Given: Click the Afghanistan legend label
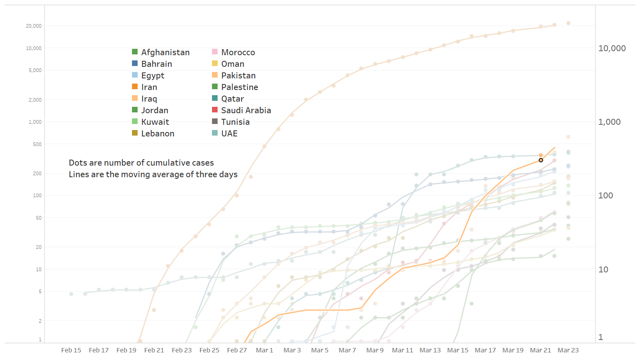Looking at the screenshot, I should pos(165,52).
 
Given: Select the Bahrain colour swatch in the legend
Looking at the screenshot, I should pos(135,63).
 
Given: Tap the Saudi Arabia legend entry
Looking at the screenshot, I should pos(246,110).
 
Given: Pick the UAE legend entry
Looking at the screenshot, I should pos(229,134).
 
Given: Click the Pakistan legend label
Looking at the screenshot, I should pos(238,76).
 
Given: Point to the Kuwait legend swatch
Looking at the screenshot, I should pos(135,121).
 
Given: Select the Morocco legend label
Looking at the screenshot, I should pos(238,52).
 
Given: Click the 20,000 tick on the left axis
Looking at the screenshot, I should pos(34,26).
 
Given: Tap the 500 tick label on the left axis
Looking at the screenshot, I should pos(37,144).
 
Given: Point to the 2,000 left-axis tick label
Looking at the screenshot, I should pos(35,100).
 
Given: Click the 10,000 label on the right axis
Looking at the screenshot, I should pos(612,48).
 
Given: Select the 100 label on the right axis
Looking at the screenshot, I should pos(606,196).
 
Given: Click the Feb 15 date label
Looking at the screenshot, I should pos(71,350).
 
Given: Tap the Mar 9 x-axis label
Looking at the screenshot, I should pos(375,350).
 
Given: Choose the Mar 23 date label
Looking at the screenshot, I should pos(568,350).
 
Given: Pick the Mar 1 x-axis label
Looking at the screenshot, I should pos(264,350).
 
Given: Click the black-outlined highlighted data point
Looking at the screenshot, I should pos(541,160).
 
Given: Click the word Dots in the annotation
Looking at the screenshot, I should pos(78,163).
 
